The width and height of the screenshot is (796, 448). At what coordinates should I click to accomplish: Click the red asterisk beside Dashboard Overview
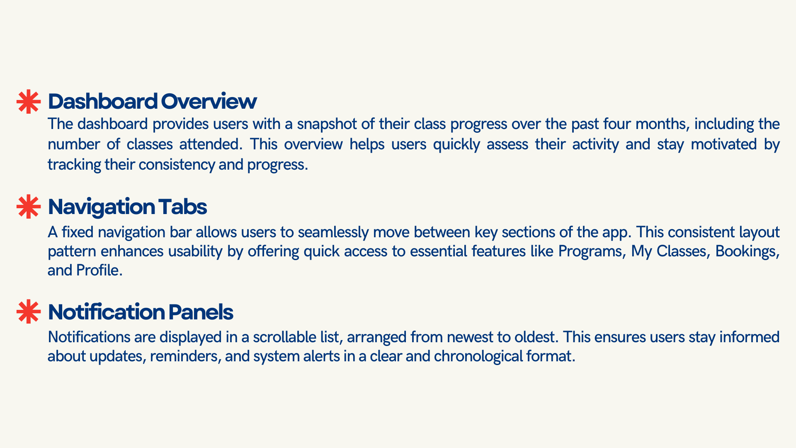click(x=29, y=102)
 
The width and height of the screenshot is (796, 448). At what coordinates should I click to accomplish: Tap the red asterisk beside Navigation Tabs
click(x=29, y=207)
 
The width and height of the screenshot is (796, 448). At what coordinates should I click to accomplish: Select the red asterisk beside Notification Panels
click(x=29, y=312)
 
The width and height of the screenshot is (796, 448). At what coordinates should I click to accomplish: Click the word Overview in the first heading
click(x=209, y=101)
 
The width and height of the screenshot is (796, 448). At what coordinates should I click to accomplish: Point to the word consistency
click(x=176, y=165)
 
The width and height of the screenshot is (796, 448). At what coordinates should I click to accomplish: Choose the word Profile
click(x=99, y=270)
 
